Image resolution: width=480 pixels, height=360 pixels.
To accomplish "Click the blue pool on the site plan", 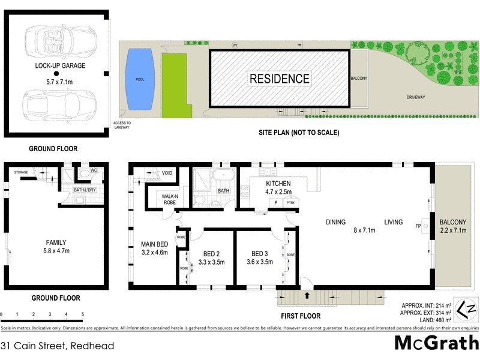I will pos(140,79).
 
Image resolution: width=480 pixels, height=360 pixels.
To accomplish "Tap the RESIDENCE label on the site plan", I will pos(280,79).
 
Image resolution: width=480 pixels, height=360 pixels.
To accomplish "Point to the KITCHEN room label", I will pos(278,184).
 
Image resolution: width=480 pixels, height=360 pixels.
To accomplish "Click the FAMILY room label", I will pos(56,242).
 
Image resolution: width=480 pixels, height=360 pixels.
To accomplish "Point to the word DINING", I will pos(335,222).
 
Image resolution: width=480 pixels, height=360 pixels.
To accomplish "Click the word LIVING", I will pos(393,222).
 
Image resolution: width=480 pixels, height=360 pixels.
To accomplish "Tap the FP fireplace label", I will pos(418,226).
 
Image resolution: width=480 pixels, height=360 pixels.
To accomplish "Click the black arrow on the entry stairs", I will pos(308,295).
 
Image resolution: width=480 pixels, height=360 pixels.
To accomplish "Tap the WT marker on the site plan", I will pos(235,45).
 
